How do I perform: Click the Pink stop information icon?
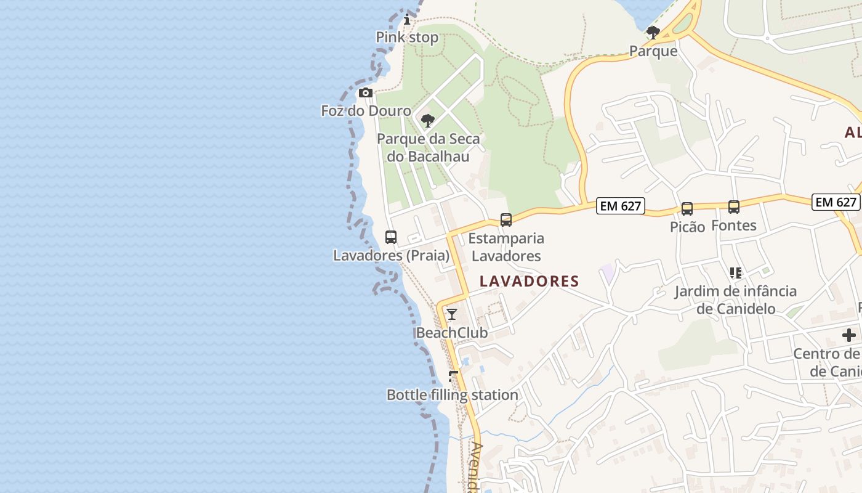pos(406,20)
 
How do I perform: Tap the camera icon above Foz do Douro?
pos(366,93)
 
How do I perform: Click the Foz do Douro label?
pos(366,111)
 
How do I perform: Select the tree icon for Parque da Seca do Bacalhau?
pos(428,120)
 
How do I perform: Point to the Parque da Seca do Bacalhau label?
pos(428,148)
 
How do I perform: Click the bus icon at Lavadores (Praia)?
pos(391,237)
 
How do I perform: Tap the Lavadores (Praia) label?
pos(391,255)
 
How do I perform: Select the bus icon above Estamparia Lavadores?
pos(506,219)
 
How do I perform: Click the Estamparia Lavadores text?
pos(506,246)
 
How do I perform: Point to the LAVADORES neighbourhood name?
pos(530,282)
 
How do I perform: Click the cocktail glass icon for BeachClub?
pos(452,314)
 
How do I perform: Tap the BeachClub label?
pos(452,333)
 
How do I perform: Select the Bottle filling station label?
pos(452,395)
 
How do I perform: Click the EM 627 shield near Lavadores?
pos(621,206)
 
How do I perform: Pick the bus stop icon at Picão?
pos(687,208)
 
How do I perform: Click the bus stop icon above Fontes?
pos(734,206)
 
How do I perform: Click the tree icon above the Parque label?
pos(653,32)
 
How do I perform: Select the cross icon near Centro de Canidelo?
pos(849,335)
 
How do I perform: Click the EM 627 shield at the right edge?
pos(836,202)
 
